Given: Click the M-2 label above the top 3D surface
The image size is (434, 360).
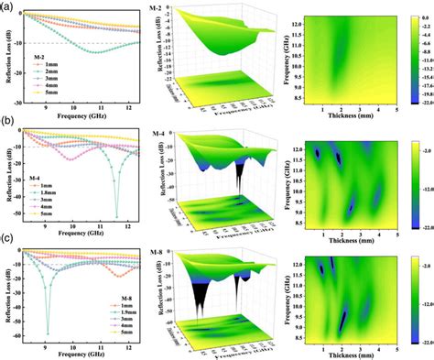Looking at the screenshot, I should coord(156,7).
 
